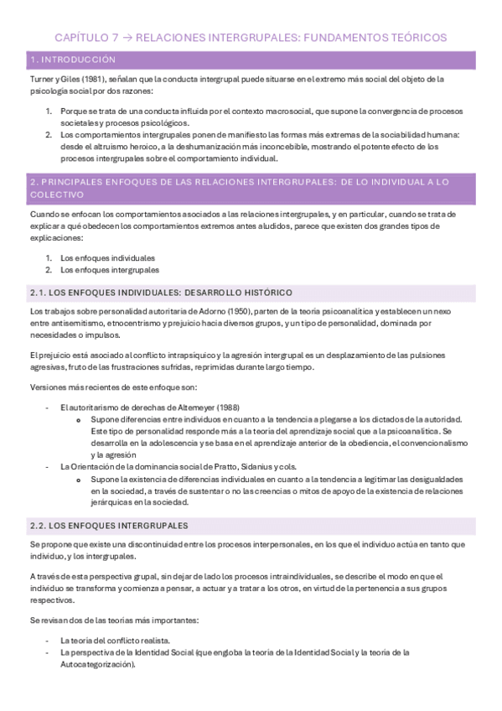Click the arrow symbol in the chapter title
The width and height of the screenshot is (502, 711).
click(125, 38)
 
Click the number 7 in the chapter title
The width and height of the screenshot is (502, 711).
click(114, 38)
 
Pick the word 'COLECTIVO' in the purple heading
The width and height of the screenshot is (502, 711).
click(57, 194)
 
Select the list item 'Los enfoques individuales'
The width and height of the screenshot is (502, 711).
click(107, 257)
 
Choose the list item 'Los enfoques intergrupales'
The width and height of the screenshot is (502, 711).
click(109, 270)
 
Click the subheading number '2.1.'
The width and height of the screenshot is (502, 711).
click(39, 292)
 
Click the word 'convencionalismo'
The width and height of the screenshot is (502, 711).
click(434, 443)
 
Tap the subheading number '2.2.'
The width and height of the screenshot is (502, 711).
click(39, 525)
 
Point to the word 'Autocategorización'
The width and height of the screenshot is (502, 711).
click(96, 662)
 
